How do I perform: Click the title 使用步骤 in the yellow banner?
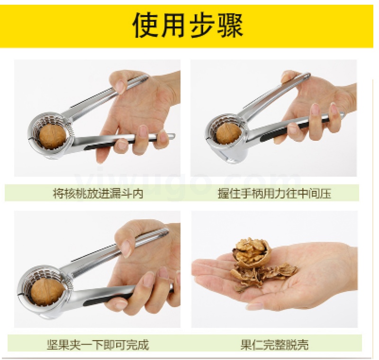pyautogui.click(x=188, y=26)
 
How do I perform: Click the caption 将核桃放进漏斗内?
pyautogui.click(x=98, y=194)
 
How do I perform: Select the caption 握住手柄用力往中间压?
pyautogui.click(x=274, y=194)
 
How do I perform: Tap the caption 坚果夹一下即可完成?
pyautogui.click(x=98, y=344)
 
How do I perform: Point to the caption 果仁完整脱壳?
pyautogui.click(x=274, y=344)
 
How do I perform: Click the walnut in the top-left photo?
pyautogui.click(x=53, y=136)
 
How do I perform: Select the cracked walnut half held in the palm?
pyautogui.click(x=252, y=253)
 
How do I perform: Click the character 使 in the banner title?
pyautogui.click(x=146, y=26)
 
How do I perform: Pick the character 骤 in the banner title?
pyautogui.click(x=230, y=26)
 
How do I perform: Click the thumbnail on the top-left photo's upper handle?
pyautogui.click(x=120, y=87)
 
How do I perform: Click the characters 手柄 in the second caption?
pyautogui.click(x=252, y=194)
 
